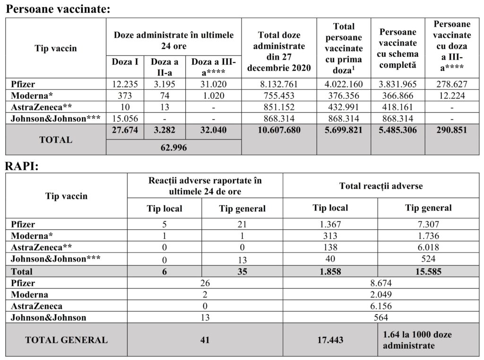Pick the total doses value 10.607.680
click(279, 130)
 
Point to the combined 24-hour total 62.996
click(173, 148)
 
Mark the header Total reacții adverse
click(381, 186)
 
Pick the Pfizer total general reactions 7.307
click(428, 225)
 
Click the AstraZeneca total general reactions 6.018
click(428, 247)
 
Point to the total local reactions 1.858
click(330, 272)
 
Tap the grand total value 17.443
click(330, 340)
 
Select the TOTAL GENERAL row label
click(66, 340)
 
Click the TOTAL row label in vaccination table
click(56, 140)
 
